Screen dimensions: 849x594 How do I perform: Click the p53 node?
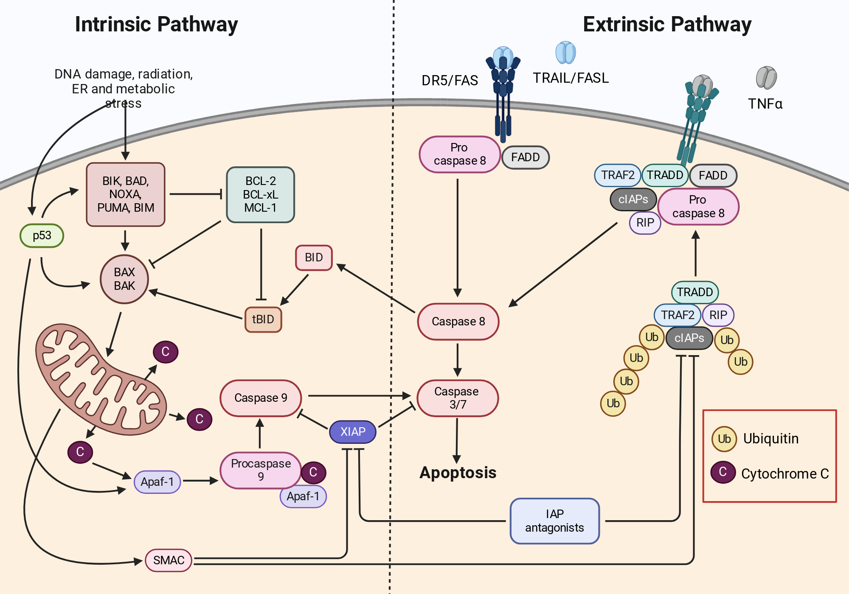pos(42,235)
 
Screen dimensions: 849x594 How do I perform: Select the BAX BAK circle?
pos(124,279)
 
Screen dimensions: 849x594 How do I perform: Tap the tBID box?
pos(263,319)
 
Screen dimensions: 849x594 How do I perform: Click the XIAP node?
pos(353,432)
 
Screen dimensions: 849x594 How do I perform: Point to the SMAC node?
pos(169,560)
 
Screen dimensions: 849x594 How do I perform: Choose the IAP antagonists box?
pos(554,521)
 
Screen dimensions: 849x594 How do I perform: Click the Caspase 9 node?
pos(261,398)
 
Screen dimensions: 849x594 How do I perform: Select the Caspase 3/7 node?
pos(458,398)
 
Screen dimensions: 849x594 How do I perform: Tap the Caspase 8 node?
pos(458,322)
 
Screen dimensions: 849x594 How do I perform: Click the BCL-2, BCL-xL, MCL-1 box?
pos(261,195)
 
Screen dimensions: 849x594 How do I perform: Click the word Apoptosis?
pos(458,473)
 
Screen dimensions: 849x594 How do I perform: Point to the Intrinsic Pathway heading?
pos(156,24)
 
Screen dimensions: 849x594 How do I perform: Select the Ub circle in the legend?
pos(724,438)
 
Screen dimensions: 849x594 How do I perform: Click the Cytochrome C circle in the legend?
pos(723,472)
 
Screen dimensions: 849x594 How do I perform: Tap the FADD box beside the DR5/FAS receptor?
pos(526,157)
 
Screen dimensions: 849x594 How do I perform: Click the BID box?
pos(314,258)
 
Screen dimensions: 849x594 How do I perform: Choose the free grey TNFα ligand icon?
pos(766,78)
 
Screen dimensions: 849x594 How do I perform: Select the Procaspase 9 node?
pos(261,471)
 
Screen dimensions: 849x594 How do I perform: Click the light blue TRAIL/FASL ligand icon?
pos(566,53)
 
